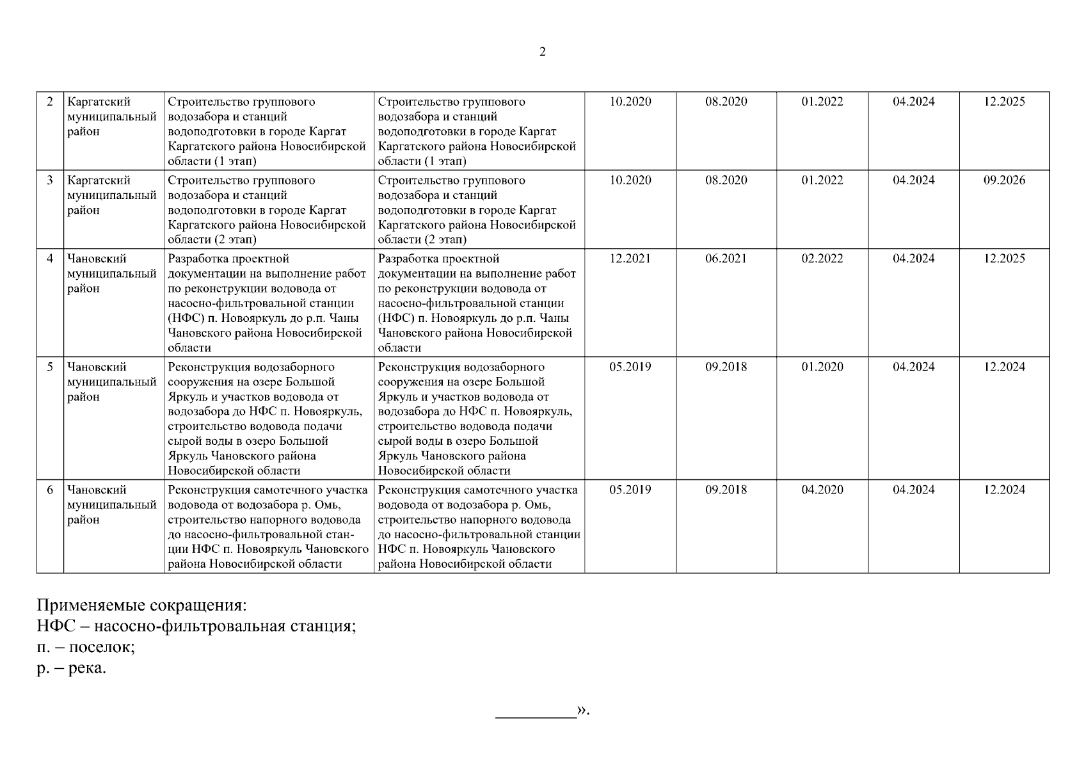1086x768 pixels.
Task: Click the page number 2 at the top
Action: click(x=543, y=52)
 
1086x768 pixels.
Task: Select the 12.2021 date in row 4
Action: click(x=630, y=259)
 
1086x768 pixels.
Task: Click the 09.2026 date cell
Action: click(x=1003, y=180)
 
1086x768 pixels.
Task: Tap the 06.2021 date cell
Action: click(x=726, y=259)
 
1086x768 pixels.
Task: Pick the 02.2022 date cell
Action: click(x=822, y=259)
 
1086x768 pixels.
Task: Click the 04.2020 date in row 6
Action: click(x=822, y=490)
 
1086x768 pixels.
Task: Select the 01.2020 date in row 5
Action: click(x=822, y=367)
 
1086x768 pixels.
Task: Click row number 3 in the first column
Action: click(x=50, y=180)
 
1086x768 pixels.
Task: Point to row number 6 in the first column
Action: click(x=50, y=490)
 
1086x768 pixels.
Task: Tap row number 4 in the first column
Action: click(x=50, y=259)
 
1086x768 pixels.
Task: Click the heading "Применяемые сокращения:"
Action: click(x=141, y=605)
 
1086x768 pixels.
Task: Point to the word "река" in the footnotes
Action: click(x=86, y=669)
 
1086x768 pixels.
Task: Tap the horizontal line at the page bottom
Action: click(x=536, y=717)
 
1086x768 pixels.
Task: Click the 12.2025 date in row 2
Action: click(x=1003, y=102)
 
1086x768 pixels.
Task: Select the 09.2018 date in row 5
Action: click(x=726, y=367)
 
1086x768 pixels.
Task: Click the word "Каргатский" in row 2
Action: click(x=99, y=102)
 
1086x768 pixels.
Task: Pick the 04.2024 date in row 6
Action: click(x=913, y=490)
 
